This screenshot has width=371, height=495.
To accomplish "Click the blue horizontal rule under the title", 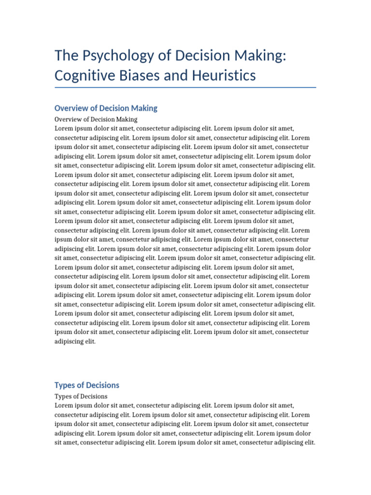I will click(185, 87).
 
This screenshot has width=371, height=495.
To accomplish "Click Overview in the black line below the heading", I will click(68, 119).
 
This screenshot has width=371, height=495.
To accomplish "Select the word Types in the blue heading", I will click(65, 385).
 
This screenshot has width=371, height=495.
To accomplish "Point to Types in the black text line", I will click(63, 396).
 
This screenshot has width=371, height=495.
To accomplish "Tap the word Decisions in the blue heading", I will click(102, 385).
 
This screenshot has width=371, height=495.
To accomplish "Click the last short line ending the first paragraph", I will click(75, 341).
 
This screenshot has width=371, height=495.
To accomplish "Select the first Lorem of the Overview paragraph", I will click(64, 129).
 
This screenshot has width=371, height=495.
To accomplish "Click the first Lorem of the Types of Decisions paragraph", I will click(64, 406).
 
